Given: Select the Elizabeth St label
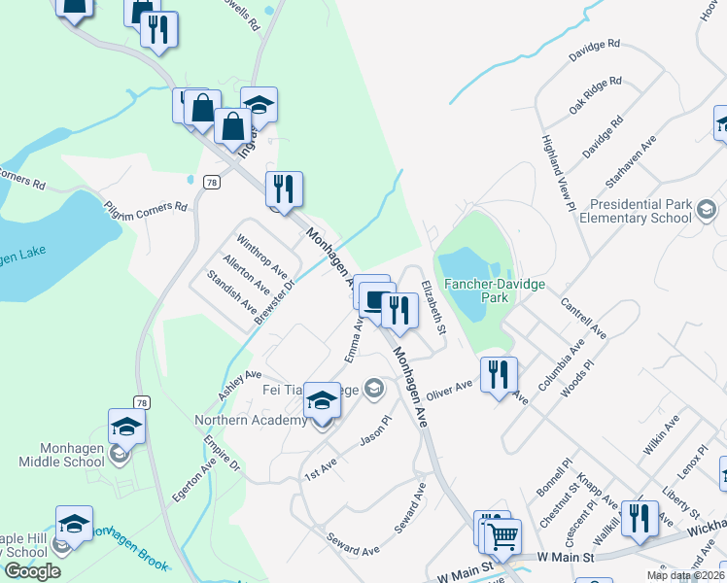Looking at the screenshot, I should (433, 308).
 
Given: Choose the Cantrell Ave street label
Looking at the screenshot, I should (583, 318).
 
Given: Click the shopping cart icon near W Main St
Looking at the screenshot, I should (502, 535).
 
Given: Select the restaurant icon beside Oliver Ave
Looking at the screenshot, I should (499, 374).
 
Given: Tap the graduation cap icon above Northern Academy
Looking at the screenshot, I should (323, 400).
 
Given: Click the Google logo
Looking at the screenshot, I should (32, 571).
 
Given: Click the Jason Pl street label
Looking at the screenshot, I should (374, 432).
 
